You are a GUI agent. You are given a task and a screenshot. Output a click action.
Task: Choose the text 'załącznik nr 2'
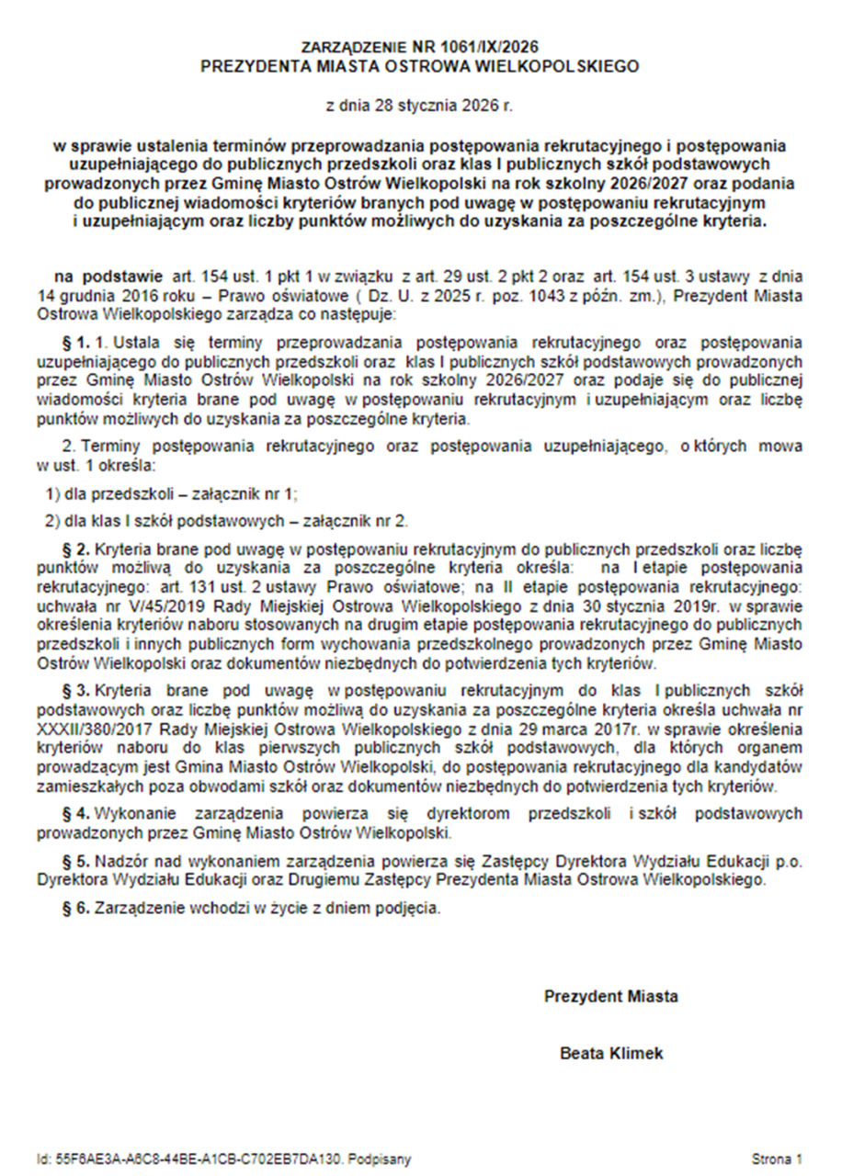pos(363,521)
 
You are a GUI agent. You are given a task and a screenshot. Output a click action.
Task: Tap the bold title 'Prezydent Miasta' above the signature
pos(611,996)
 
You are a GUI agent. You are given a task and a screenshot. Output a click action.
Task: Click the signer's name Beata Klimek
pos(611,1054)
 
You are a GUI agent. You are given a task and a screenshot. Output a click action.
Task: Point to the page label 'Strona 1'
pos(778,1159)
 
